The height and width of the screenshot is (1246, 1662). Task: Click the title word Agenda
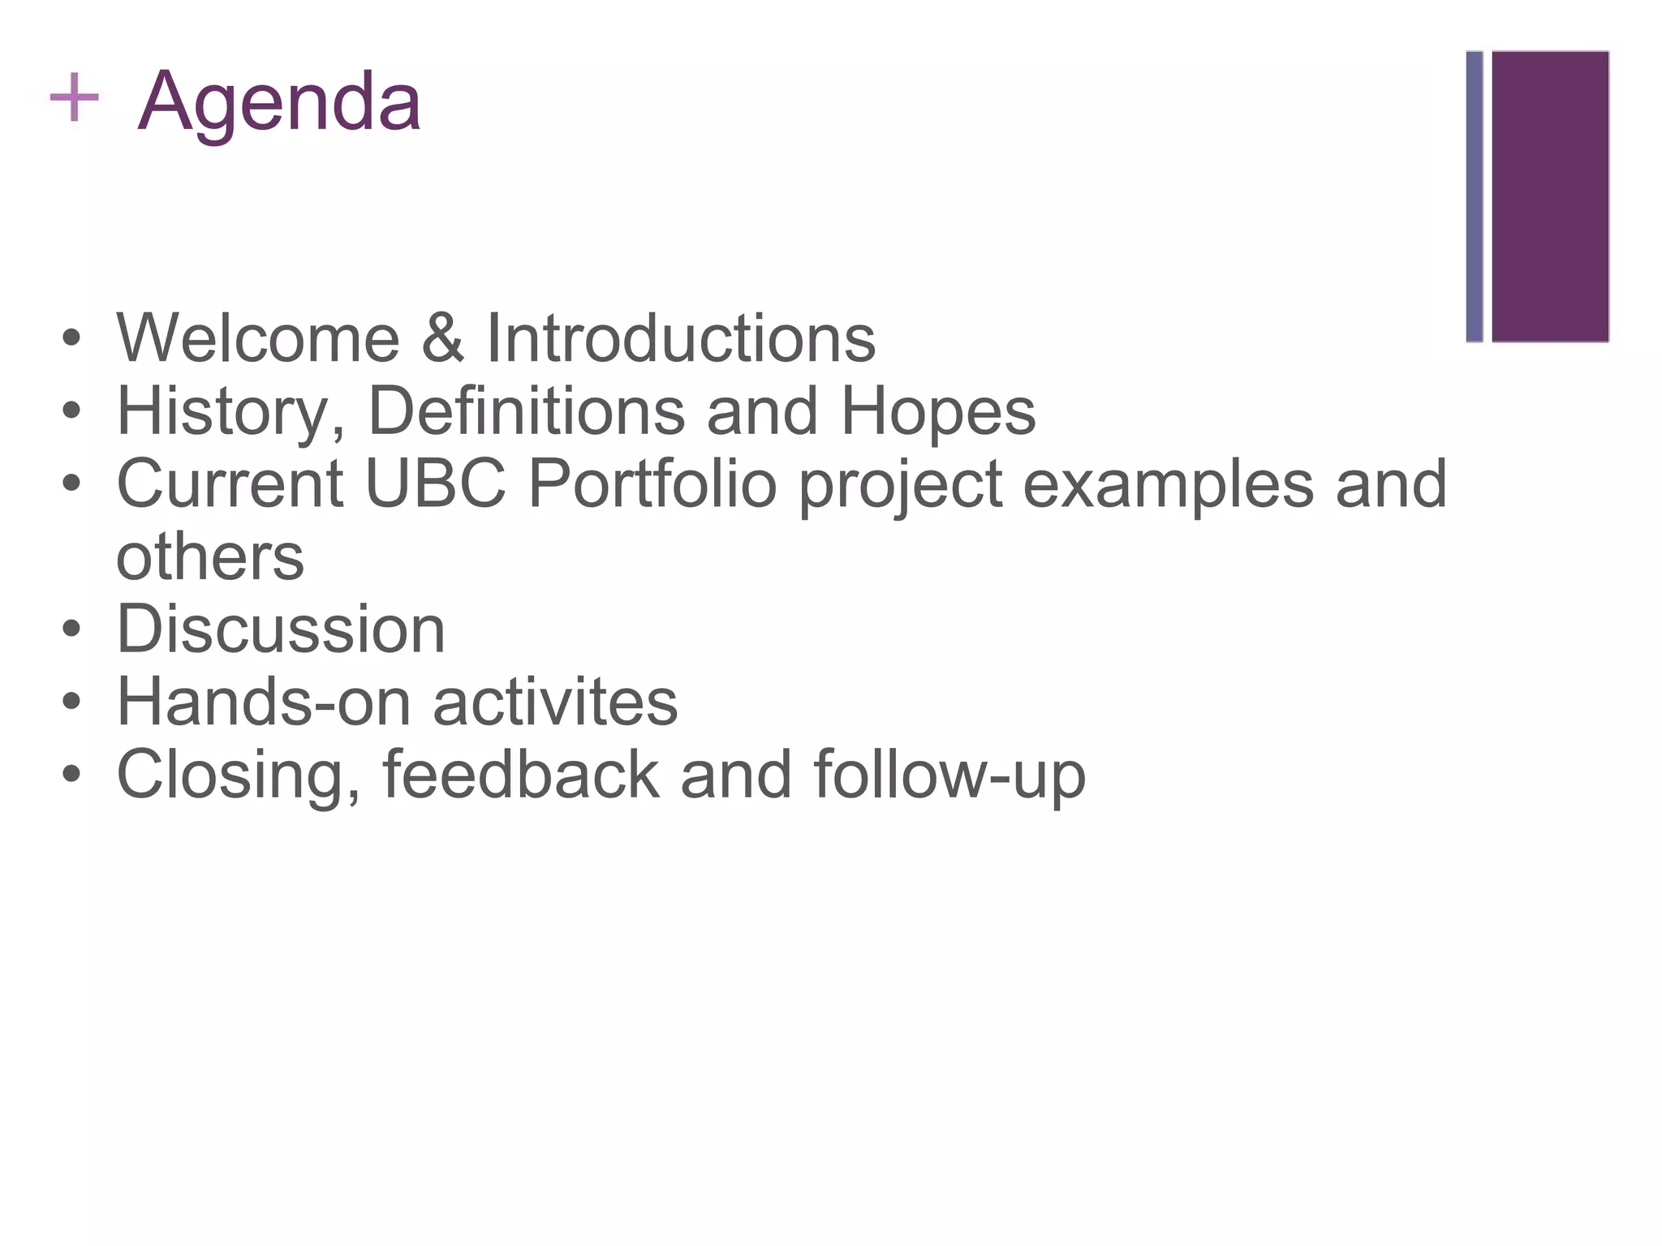pos(279,103)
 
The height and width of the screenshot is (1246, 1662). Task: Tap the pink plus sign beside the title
pos(74,97)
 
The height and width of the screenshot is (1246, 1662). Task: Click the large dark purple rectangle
pos(1550,196)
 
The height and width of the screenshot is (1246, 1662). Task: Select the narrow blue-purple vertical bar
pos(1474,196)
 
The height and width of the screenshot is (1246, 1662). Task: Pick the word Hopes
pos(938,412)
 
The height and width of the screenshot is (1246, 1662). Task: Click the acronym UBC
pos(436,483)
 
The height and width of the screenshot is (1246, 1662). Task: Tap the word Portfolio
pos(652,483)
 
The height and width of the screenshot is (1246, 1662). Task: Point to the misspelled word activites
pos(555,702)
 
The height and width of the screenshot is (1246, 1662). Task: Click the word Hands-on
pos(264,702)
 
